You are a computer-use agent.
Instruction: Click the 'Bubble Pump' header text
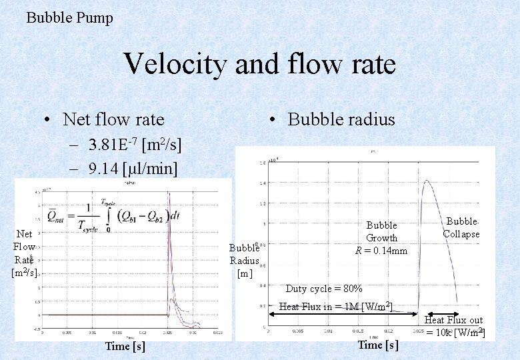[x=69, y=17]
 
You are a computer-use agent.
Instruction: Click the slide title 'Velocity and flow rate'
[x=260, y=64]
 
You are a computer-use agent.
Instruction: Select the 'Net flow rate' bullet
[x=113, y=119]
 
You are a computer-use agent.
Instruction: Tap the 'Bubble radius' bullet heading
[x=341, y=119]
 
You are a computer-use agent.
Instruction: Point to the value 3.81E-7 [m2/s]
[x=135, y=145]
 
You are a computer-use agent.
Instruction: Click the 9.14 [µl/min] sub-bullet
[x=133, y=169]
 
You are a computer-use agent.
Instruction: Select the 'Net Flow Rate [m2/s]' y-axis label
[x=25, y=253]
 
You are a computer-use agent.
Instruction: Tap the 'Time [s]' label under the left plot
[x=125, y=346]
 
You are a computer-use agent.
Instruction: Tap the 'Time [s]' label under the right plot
[x=378, y=345]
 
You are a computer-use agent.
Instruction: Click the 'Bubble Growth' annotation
[x=381, y=231]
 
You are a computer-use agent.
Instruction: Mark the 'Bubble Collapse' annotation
[x=461, y=227]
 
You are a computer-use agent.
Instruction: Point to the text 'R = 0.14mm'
[x=381, y=251]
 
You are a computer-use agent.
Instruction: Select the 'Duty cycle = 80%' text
[x=324, y=289]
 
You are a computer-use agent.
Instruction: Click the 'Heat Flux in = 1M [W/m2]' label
[x=335, y=307]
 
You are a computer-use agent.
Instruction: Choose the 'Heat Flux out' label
[x=453, y=321]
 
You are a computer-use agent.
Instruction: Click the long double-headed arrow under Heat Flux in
[x=340, y=315]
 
